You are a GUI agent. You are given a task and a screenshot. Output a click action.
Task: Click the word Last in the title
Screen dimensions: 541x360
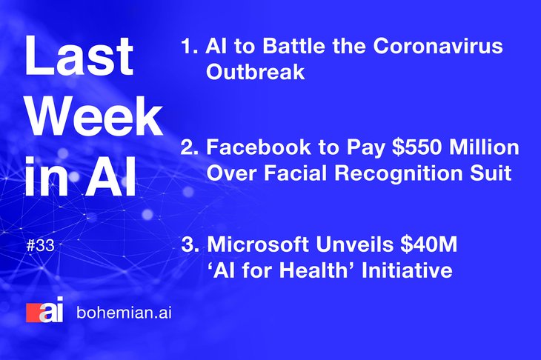coord(79,55)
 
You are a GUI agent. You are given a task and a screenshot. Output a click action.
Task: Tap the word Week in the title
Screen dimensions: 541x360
coord(94,116)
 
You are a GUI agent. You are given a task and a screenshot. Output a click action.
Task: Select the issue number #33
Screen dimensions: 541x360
coord(40,245)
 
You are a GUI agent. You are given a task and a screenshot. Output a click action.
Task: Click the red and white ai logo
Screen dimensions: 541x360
coord(45,310)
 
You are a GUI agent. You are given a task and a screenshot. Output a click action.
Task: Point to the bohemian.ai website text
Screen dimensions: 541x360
coord(124,313)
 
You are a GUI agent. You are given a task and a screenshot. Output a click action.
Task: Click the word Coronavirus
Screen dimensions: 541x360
coord(438,45)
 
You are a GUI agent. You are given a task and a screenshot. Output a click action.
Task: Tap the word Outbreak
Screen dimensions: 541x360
coord(256,72)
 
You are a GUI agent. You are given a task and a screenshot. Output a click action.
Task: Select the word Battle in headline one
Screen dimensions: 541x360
coord(293,45)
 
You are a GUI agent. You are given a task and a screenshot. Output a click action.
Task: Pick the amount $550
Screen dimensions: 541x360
coord(417,147)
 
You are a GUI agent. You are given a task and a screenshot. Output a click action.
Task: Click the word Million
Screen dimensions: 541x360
coord(485,147)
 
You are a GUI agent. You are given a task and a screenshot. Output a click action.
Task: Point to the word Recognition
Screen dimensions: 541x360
coord(399,173)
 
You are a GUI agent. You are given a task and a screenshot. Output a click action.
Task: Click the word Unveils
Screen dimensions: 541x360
coord(354,244)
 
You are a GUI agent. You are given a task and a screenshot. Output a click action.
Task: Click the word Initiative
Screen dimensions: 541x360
coord(407,270)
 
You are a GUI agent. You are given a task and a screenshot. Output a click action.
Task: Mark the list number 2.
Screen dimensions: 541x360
coord(190,147)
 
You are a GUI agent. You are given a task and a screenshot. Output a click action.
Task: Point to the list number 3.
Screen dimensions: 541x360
coord(190,244)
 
